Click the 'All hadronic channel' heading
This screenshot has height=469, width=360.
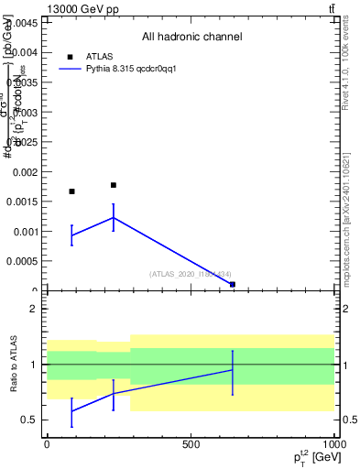click(191, 37)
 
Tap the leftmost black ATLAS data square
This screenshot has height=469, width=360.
click(71, 191)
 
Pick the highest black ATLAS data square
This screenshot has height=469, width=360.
click(114, 185)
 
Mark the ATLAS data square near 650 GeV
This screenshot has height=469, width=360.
click(233, 284)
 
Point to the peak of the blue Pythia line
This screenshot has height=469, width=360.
click(114, 217)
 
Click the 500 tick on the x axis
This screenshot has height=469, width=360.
click(191, 444)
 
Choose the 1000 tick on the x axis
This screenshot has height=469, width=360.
click(334, 444)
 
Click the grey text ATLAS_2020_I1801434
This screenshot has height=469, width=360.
click(191, 273)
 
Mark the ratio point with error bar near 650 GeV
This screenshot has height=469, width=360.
click(233, 369)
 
